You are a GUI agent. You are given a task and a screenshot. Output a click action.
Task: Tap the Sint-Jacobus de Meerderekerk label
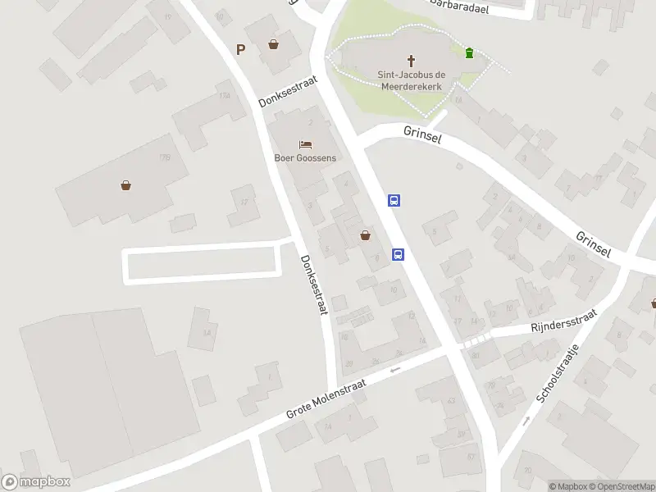click(411, 80)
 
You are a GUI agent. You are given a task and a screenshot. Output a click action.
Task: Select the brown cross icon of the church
click(412, 60)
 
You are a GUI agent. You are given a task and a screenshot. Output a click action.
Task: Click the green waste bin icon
click(469, 53)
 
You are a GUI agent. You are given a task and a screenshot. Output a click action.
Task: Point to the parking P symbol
click(241, 49)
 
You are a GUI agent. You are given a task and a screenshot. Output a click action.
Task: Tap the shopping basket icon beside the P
click(273, 44)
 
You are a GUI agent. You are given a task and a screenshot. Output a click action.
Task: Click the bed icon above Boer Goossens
click(305, 144)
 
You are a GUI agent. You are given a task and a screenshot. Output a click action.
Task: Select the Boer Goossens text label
click(305, 158)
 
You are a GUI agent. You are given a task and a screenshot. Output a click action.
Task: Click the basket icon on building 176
click(126, 185)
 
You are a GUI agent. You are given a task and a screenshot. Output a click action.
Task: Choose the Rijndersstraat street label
click(562, 321)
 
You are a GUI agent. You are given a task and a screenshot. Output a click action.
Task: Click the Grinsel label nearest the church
click(422, 134)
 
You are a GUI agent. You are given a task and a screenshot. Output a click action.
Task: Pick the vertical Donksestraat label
click(313, 285)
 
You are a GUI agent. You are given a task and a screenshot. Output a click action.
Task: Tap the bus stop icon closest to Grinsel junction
click(394, 200)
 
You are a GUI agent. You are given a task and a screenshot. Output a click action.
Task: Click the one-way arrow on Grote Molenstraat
click(395, 370)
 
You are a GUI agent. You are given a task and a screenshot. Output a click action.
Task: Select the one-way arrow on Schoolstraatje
click(526, 421)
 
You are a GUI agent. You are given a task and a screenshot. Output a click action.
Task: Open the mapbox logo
click(35, 482)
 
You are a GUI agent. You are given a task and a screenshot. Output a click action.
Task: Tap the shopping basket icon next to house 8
click(365, 236)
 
